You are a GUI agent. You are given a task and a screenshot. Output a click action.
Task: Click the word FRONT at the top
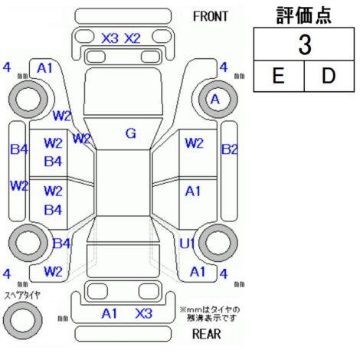211,16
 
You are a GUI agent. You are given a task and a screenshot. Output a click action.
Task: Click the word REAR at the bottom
207,334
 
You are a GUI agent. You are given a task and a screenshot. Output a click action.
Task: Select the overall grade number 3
305,44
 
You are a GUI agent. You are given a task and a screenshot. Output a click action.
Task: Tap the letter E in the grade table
278,76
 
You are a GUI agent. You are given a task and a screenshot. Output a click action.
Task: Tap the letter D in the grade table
329,76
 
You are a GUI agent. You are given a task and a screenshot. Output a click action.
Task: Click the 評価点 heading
304,15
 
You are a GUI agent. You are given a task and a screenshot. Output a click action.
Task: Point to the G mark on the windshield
131,133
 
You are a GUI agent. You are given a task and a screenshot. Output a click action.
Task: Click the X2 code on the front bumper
133,38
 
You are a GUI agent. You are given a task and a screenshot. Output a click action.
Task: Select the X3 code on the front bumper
110,38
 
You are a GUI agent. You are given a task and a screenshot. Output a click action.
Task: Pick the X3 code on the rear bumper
144,313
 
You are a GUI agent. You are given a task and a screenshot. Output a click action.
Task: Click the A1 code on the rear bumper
110,313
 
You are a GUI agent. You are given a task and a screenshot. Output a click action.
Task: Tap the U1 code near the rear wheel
187,244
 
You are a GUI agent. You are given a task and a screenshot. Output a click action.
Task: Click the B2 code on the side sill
229,149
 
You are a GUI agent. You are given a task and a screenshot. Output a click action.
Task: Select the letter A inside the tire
215,100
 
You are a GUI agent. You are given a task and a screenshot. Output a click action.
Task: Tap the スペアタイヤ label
22,296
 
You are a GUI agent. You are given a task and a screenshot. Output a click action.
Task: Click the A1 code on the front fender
44,68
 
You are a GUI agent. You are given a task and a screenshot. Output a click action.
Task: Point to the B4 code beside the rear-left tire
61,244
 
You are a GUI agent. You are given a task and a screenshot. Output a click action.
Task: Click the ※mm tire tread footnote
210,314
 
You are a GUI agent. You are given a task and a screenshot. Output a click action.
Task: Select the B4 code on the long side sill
19,149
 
